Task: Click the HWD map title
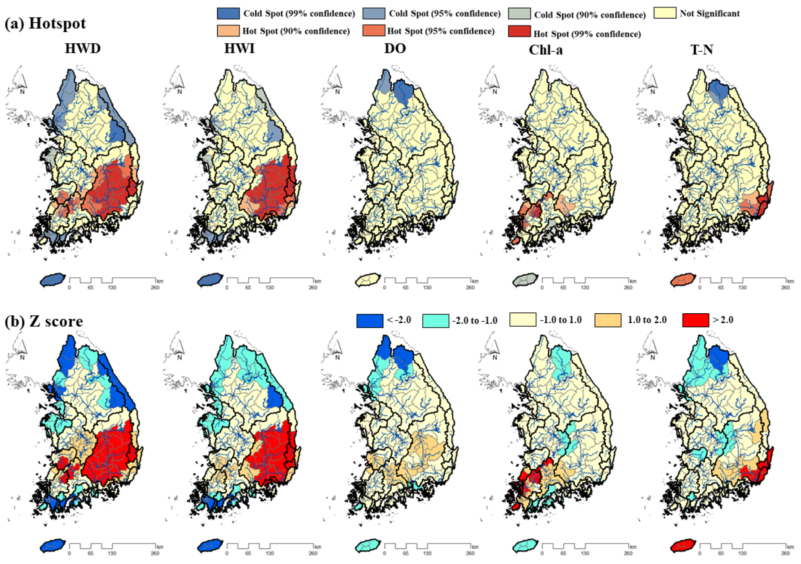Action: (x=82, y=48)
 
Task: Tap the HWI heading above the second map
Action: (x=239, y=48)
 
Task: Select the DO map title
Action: (x=395, y=48)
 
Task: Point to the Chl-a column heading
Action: (x=545, y=50)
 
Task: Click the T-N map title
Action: (x=701, y=50)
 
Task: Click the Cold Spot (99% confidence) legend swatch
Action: (x=228, y=13)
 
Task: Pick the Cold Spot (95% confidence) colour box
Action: (x=374, y=13)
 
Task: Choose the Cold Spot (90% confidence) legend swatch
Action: (x=519, y=14)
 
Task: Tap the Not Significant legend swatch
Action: (x=665, y=13)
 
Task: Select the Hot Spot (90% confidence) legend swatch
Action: (x=228, y=31)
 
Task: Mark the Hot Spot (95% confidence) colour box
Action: (x=374, y=30)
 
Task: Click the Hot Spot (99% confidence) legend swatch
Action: (x=519, y=31)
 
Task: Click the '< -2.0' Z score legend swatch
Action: (x=370, y=321)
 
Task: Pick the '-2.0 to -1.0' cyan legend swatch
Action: (x=436, y=321)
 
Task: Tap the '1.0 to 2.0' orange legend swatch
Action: (x=607, y=320)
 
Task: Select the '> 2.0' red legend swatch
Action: (x=695, y=320)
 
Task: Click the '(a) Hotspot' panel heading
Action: (x=45, y=23)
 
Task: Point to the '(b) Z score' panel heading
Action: (x=44, y=321)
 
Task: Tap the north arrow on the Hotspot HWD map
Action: (x=22, y=81)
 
